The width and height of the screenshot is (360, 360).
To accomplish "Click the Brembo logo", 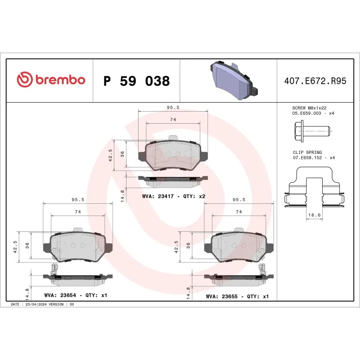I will pyautogui.click(x=50, y=80).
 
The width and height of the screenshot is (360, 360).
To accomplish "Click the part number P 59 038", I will pyautogui.click(x=136, y=81).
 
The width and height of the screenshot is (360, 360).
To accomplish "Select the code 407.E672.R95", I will pyautogui.click(x=315, y=81).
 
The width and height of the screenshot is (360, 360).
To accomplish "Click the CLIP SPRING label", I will pyautogui.click(x=307, y=153).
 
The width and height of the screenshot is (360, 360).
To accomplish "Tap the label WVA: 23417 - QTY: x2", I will pyautogui.click(x=174, y=196).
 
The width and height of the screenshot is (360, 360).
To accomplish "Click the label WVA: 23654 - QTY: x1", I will pyautogui.click(x=75, y=296).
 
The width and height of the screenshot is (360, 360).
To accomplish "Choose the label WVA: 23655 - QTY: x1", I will pyautogui.click(x=237, y=296).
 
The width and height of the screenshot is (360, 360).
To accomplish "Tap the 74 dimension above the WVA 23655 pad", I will pyautogui.click(x=239, y=211).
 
